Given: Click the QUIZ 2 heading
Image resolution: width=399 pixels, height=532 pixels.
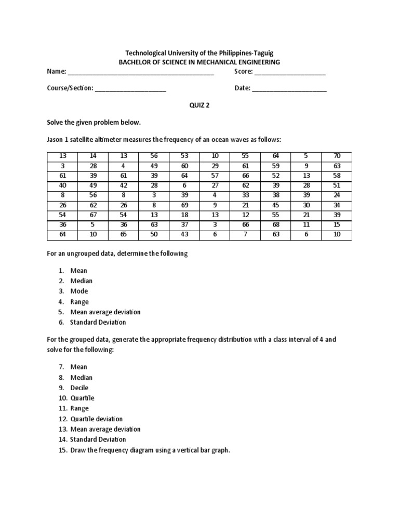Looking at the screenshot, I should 199,104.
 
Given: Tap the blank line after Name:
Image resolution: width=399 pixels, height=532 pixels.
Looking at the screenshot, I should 141,72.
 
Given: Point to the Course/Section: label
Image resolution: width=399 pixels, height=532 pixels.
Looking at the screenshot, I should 70,88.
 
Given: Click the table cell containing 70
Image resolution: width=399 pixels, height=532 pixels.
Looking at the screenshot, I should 337,156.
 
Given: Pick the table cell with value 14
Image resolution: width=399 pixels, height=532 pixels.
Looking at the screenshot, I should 92,156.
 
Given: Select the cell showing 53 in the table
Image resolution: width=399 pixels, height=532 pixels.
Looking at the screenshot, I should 184,156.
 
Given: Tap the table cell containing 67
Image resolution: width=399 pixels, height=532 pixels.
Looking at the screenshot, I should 92,215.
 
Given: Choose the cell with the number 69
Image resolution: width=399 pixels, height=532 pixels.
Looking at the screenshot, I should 184,205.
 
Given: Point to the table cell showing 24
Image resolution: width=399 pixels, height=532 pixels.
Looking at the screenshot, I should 337,195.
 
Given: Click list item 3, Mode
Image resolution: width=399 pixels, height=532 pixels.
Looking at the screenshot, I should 79,291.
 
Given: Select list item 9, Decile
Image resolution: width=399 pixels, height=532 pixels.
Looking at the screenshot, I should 79,388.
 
